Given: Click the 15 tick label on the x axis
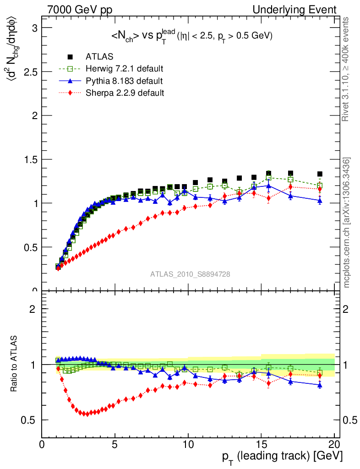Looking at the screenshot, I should click(x=261, y=445).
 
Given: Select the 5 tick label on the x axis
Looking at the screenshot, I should click(x=115, y=445).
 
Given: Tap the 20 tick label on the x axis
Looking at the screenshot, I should click(x=334, y=445).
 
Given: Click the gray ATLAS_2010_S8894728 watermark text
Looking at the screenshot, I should click(x=190, y=274).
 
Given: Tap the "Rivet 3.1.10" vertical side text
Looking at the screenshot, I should click(x=347, y=69).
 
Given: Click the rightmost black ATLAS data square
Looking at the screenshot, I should click(x=320, y=174).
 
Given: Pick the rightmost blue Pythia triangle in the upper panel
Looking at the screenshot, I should click(x=320, y=200).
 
